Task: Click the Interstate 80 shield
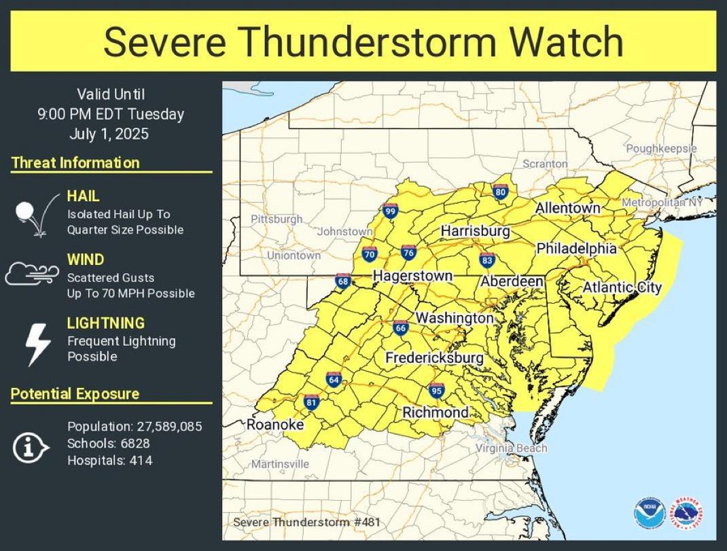[501, 192]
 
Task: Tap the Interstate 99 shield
[389, 211]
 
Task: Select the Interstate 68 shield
[344, 281]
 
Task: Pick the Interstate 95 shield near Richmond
[436, 390]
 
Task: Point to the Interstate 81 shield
[311, 402]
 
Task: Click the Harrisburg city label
[475, 231]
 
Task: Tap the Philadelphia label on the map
[576, 249]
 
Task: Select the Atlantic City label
[622, 287]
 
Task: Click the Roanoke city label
[274, 425]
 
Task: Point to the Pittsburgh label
[277, 219]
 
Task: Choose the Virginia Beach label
[511, 448]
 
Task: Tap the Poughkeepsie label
[661, 148]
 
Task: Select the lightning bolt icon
[37, 344]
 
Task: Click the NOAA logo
[649, 513]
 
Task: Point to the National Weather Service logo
[686, 513]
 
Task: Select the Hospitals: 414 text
[109, 461]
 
